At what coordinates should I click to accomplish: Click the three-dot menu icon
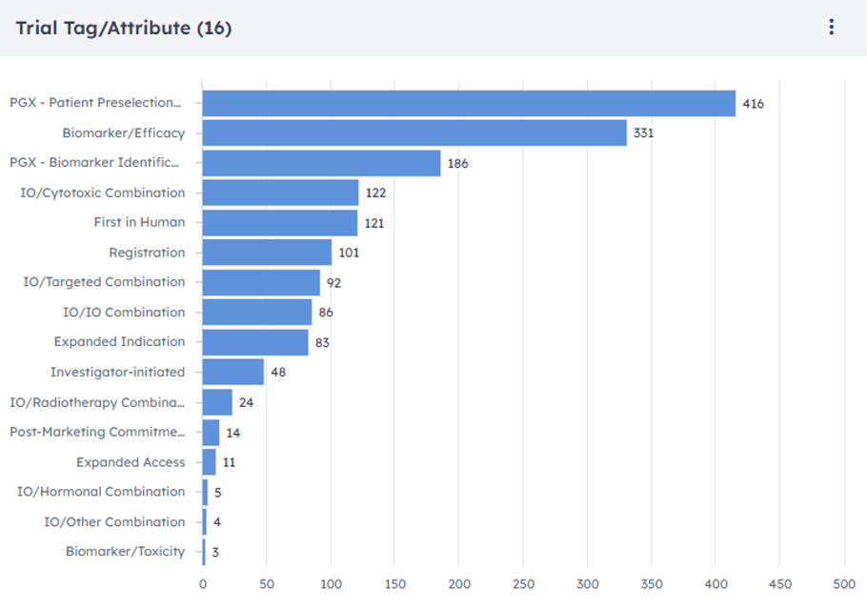click(832, 28)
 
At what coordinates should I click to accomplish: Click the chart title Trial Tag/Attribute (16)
click(124, 28)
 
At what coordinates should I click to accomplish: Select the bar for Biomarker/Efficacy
click(414, 133)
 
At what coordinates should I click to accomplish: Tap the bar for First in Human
click(280, 223)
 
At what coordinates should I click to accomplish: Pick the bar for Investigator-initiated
click(233, 372)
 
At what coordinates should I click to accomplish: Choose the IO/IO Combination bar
click(257, 312)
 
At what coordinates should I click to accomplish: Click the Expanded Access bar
click(210, 462)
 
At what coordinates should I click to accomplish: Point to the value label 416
click(754, 104)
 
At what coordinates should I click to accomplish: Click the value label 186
click(458, 164)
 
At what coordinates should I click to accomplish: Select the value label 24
click(246, 402)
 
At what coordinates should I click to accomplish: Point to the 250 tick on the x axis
click(524, 582)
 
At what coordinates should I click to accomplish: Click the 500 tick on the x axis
click(844, 582)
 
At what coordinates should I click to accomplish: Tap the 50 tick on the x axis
click(267, 582)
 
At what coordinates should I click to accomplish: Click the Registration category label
click(147, 253)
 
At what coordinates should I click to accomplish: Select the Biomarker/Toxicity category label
click(125, 551)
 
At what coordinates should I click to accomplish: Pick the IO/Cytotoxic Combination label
click(103, 193)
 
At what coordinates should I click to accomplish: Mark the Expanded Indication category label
click(119, 341)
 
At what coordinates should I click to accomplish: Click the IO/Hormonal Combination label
click(101, 492)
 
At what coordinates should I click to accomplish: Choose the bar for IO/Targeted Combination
click(261, 282)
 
